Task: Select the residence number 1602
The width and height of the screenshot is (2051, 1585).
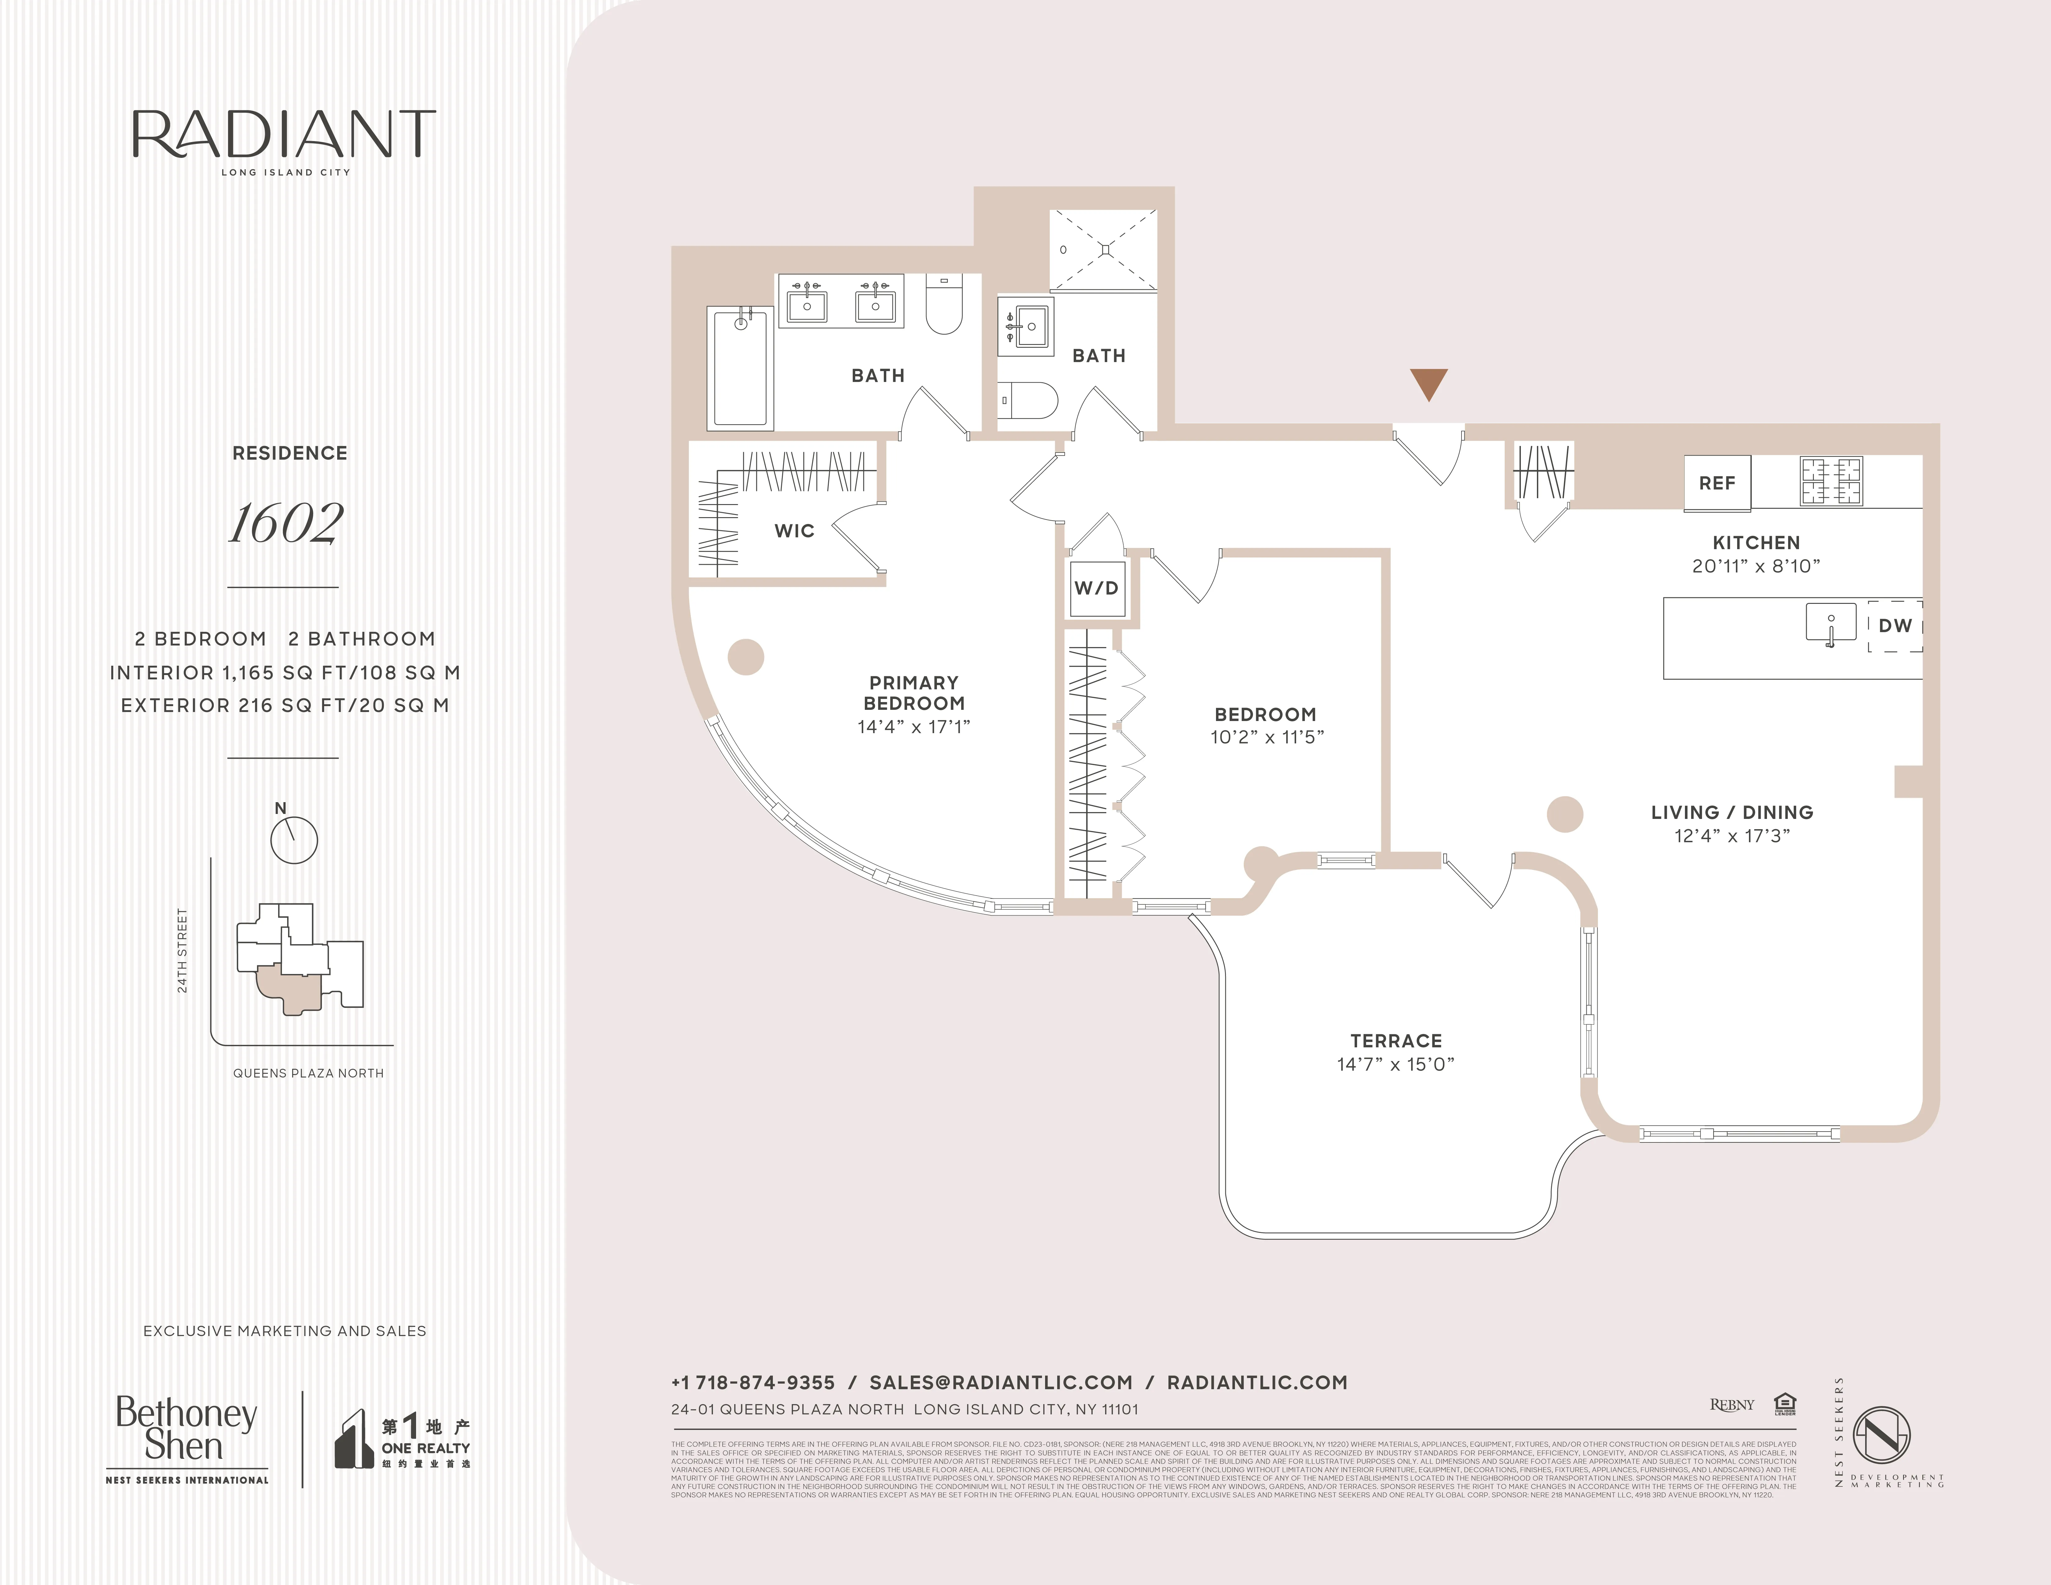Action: (x=287, y=523)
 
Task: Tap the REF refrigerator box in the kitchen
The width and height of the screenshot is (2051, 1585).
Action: (x=1717, y=483)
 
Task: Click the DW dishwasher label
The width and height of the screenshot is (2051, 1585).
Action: (x=1895, y=625)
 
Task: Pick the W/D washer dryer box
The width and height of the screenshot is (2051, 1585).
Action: (x=1096, y=588)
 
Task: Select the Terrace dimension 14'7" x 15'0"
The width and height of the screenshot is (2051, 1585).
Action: (x=1396, y=1064)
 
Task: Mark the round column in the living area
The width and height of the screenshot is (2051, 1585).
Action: (x=1565, y=814)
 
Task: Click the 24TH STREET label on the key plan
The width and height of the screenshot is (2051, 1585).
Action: (x=182, y=950)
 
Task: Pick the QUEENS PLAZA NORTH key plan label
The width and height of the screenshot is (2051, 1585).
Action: (x=308, y=1073)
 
